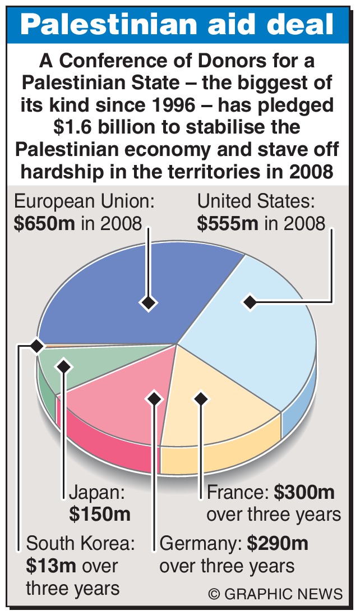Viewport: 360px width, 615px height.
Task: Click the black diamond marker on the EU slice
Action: point(148,303)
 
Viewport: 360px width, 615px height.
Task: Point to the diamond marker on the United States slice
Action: point(250,302)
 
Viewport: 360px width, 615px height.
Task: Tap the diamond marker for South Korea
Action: point(37,346)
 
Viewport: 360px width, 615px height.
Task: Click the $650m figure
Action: point(44,223)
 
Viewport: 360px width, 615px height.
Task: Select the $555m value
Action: point(228,223)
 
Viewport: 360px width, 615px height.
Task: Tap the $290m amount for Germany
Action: point(278,544)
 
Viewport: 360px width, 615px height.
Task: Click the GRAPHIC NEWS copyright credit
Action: point(275,594)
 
